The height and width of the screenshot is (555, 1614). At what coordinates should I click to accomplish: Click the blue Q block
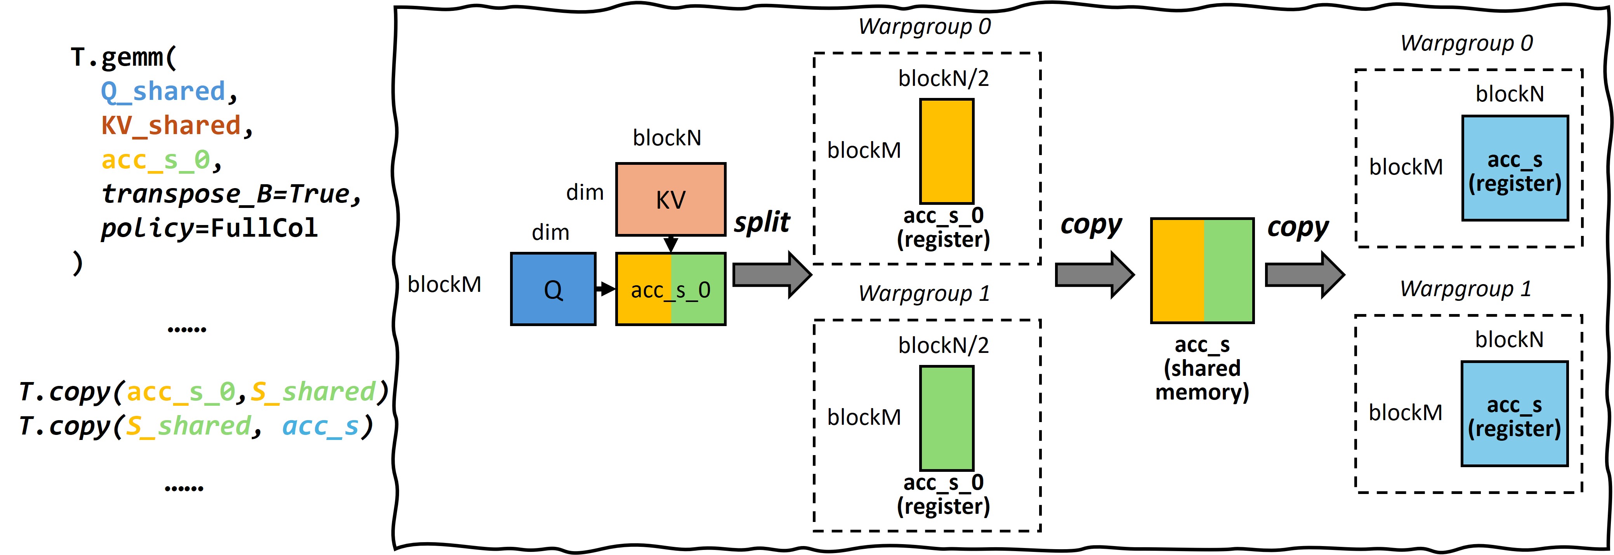coord(553,289)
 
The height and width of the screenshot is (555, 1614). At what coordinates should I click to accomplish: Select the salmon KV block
coord(670,199)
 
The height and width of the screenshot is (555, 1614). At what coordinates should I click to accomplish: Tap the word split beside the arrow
coord(762,223)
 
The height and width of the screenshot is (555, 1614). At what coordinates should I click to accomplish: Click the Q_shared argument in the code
coord(163,92)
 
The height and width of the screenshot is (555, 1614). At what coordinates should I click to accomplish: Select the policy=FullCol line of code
coord(209,228)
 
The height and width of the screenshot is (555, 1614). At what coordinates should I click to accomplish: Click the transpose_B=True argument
coord(231,194)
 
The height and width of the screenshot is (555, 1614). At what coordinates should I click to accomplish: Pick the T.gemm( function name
coord(123,57)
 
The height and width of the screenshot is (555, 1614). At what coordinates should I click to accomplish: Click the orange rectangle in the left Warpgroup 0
coord(946,150)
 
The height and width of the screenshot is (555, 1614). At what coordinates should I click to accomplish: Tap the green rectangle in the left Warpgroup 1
coord(946,418)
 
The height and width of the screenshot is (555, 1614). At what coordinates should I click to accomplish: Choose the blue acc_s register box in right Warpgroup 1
coord(1514,414)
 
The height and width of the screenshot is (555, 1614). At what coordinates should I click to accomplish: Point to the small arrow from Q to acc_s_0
coord(605,289)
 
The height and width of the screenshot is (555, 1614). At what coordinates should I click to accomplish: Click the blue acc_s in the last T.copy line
coord(320,426)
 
